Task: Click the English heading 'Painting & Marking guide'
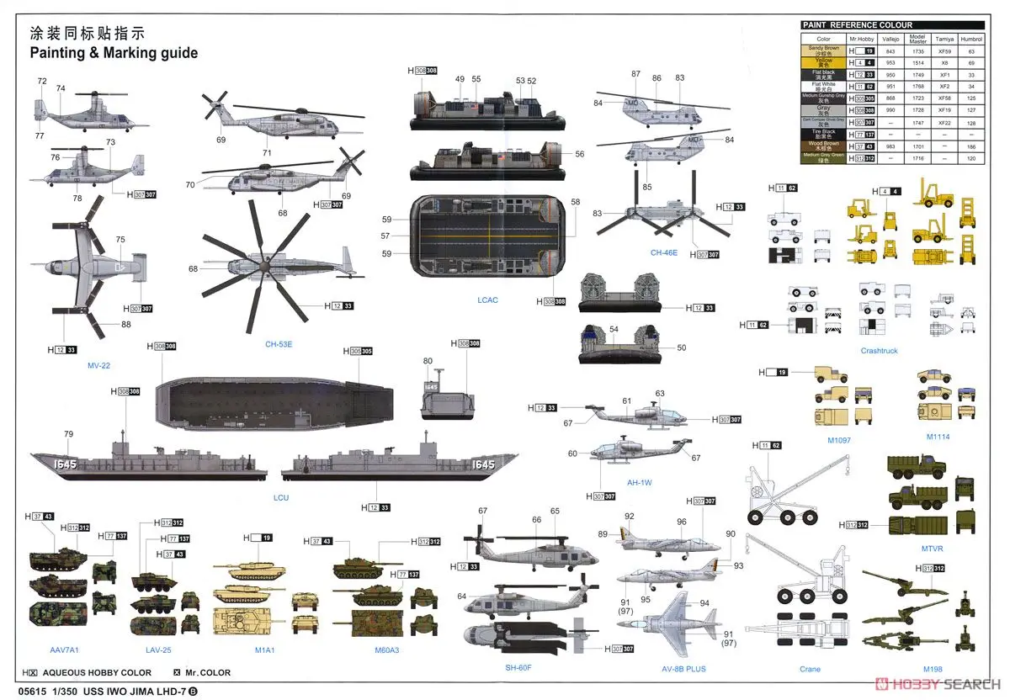[x=114, y=53]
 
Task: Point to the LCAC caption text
[x=487, y=300]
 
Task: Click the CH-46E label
[x=663, y=252]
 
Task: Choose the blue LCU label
[x=281, y=497]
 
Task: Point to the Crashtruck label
[x=879, y=351]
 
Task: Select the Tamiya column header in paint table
[x=945, y=39]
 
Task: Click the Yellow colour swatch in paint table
[x=823, y=62]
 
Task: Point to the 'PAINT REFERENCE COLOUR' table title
[x=858, y=25]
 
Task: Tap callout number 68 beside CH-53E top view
[x=193, y=269]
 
